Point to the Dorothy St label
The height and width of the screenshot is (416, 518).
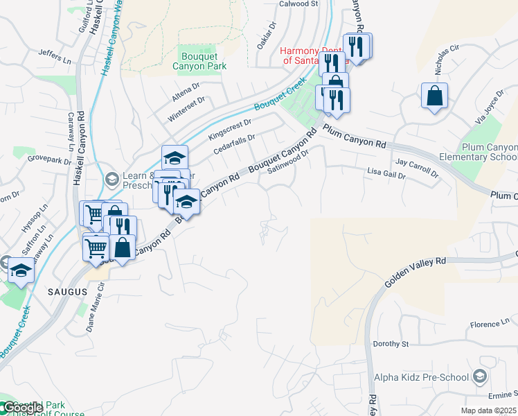(391, 344)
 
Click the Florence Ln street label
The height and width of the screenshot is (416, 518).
(490, 324)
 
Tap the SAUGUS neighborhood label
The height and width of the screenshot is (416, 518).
(68, 292)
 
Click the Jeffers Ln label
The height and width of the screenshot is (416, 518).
(55, 52)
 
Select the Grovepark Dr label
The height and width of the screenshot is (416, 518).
(50, 160)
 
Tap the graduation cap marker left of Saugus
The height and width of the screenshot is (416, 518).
(21, 270)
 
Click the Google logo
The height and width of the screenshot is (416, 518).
(22, 407)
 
